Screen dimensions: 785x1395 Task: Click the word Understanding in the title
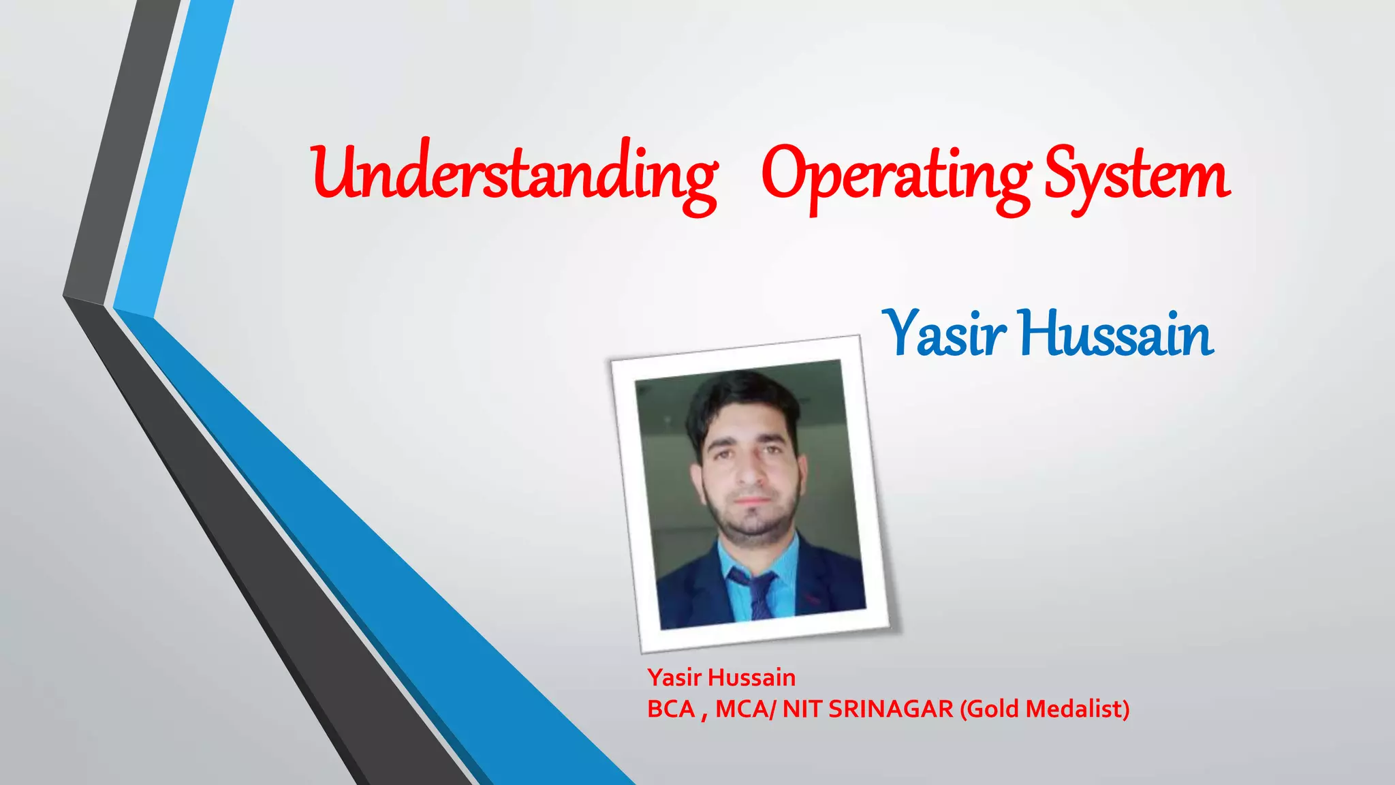(x=514, y=174)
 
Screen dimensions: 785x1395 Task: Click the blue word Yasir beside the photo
(x=944, y=334)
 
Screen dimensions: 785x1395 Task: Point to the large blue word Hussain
(x=1117, y=334)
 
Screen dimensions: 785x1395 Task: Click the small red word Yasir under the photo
(x=674, y=677)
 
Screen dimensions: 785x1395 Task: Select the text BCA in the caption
(x=670, y=709)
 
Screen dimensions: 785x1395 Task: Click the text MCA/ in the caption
(x=745, y=709)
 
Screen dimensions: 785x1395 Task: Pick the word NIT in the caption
(x=801, y=709)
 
